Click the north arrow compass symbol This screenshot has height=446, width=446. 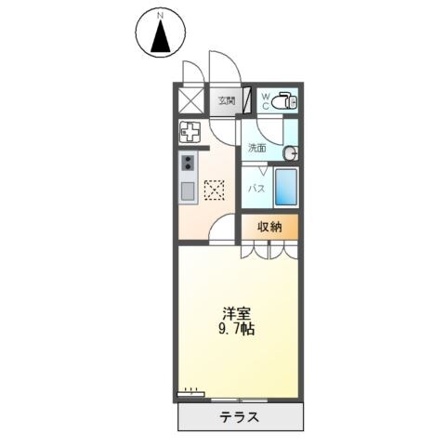[161, 37]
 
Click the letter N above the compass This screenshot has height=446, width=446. [161, 16]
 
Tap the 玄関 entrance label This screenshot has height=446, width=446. [226, 100]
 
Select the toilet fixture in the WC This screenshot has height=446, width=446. [284, 99]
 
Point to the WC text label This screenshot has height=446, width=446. [264, 100]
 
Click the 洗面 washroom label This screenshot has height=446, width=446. [256, 148]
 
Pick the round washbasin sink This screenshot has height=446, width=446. [291, 152]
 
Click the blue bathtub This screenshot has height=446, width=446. [286, 189]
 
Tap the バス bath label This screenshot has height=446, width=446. [256, 189]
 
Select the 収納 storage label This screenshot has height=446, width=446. [269, 227]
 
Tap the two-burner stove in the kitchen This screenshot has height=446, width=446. [188, 164]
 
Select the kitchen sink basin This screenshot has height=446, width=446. [188, 191]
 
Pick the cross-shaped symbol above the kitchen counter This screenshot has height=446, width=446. [190, 133]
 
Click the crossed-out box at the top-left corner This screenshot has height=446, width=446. [190, 99]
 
